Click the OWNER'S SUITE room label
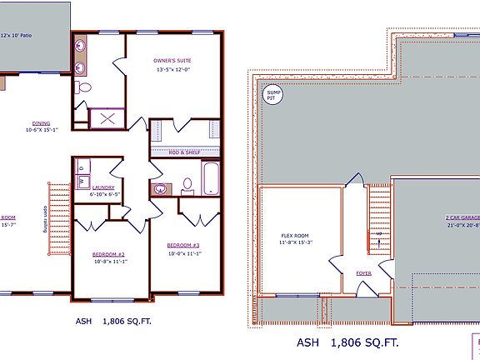173,61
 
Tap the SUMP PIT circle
271,96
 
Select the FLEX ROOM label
294,235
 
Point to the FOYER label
363,272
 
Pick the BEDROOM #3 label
182,244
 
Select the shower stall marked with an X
107,117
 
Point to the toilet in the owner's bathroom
83,87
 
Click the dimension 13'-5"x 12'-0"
173,70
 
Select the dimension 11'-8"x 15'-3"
294,243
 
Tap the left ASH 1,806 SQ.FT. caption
117,320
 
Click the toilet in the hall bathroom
187,185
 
